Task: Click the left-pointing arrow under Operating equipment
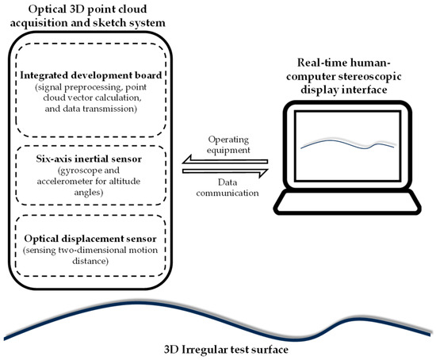224,160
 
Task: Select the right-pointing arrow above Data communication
225,172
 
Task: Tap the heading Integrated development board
91,75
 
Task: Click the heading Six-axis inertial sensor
89,159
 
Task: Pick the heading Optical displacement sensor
90,239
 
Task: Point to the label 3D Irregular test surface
226,350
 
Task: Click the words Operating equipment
228,144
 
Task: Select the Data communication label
228,187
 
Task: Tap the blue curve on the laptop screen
347,144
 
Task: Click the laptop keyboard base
347,202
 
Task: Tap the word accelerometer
64,182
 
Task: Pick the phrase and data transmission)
91,109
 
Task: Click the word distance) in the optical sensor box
90,261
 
